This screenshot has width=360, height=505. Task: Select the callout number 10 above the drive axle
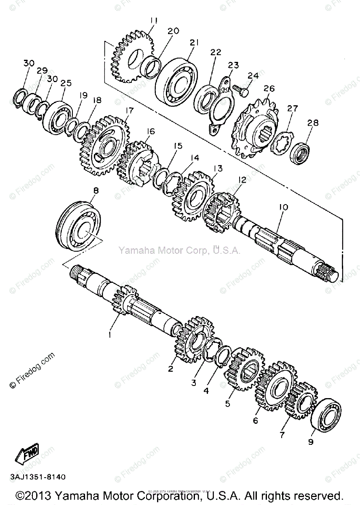pos(283,207)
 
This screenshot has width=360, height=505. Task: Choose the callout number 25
pos(66,83)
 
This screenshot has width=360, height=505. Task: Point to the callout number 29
pos(42,71)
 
